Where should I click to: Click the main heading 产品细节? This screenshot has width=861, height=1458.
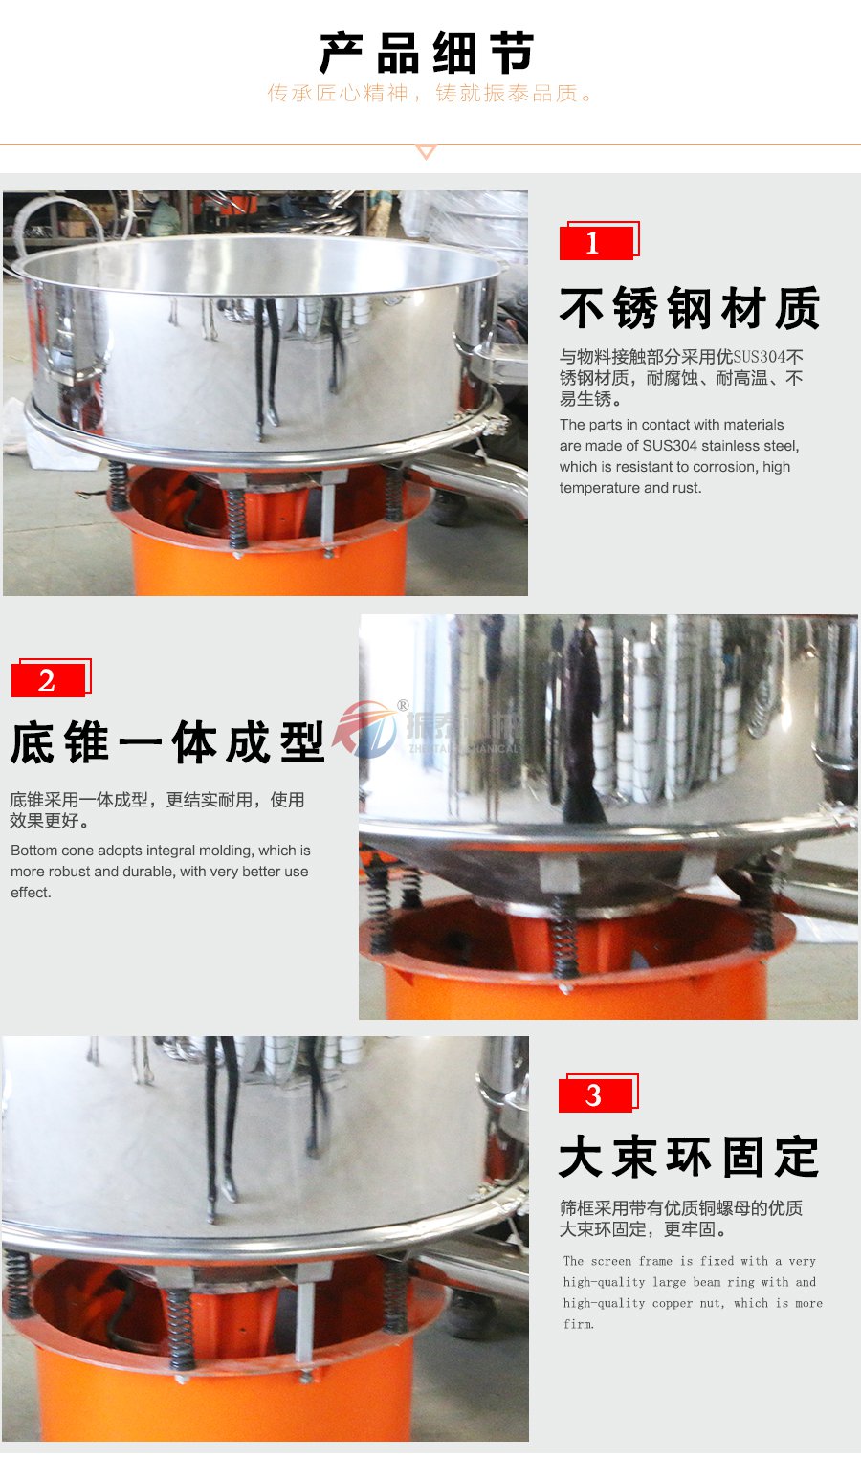tap(427, 53)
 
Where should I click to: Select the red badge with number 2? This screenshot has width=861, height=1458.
tap(49, 680)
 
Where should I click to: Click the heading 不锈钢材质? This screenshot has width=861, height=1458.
tap(689, 309)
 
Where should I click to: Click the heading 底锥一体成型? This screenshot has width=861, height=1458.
tap(168, 743)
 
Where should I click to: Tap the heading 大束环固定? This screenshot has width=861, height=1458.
tap(689, 1158)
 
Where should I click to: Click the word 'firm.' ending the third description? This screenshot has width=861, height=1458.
tap(579, 1325)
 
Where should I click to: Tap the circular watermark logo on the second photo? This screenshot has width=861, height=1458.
tap(365, 729)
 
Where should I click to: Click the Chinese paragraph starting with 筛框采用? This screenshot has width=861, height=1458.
tap(680, 1219)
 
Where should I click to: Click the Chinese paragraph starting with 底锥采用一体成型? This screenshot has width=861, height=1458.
tap(157, 809)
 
